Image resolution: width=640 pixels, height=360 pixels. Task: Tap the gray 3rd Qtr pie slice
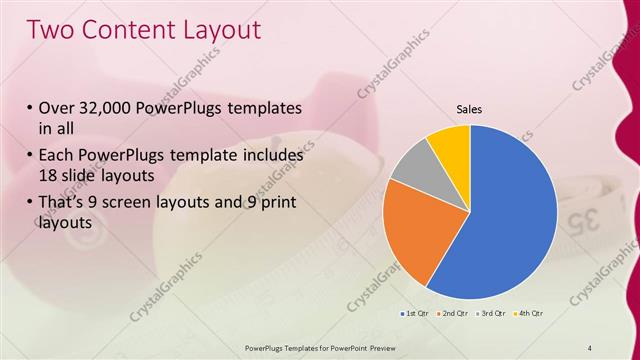(x=412, y=164)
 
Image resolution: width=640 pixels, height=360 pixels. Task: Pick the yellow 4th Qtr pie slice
(x=451, y=144)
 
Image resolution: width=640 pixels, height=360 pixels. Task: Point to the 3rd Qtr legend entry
(x=491, y=315)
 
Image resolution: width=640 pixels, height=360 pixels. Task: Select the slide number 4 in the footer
(x=590, y=347)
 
